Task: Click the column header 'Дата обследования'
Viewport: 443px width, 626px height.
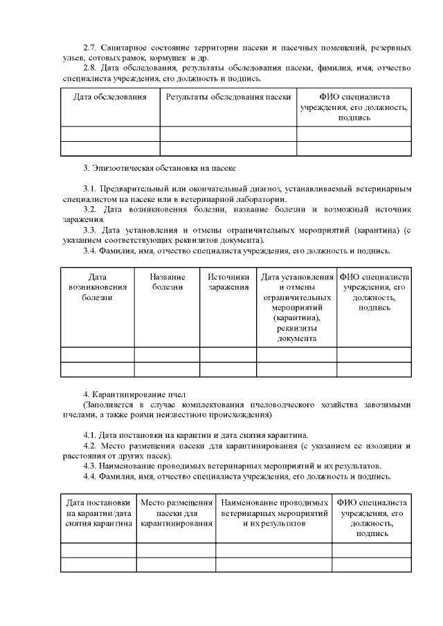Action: coord(110,97)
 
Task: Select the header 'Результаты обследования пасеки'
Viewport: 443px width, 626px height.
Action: coord(228,97)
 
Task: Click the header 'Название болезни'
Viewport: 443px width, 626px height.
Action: coord(167,282)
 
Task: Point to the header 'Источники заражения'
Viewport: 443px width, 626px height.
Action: coord(228,282)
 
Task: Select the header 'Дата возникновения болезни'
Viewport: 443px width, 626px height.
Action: coord(98,287)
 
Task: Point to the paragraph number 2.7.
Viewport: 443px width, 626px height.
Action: coord(89,48)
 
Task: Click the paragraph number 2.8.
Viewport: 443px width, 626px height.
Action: coord(89,68)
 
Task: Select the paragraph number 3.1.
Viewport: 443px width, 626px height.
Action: coord(89,188)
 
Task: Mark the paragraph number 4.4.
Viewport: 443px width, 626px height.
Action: coord(89,476)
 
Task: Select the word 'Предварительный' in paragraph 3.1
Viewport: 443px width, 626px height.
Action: coord(133,188)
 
